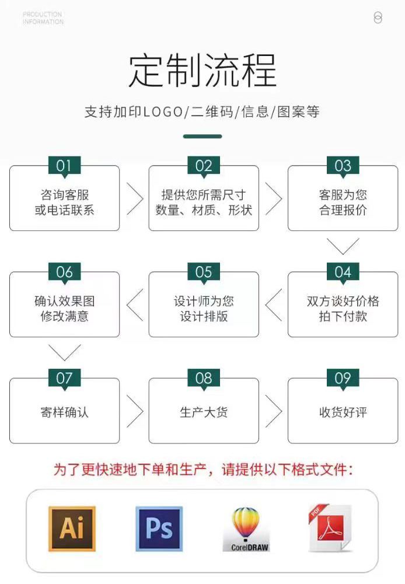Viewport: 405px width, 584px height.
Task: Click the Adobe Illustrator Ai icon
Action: click(x=72, y=529)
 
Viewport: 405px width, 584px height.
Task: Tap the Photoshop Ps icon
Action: click(x=159, y=529)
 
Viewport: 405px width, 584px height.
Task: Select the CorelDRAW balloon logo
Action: click(x=246, y=529)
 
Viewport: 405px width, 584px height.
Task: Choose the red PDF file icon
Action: click(x=330, y=528)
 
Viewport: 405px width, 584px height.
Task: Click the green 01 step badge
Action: click(x=64, y=166)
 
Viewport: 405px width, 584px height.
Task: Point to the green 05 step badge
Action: click(x=204, y=272)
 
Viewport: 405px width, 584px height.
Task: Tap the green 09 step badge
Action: click(x=343, y=378)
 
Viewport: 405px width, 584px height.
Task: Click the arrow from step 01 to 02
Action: click(x=135, y=198)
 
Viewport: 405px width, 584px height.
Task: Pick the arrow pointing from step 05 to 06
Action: click(x=135, y=305)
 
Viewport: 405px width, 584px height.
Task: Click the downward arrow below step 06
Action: click(x=64, y=353)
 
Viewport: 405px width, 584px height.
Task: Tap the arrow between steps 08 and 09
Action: click(x=274, y=411)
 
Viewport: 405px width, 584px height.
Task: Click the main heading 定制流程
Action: click(x=202, y=71)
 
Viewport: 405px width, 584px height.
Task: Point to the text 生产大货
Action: click(x=204, y=412)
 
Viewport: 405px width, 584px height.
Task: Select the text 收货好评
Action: click(x=343, y=412)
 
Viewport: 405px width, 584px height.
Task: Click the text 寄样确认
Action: click(x=64, y=412)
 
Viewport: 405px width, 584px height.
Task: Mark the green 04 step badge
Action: click(x=343, y=272)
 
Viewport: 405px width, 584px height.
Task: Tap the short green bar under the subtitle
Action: click(x=202, y=137)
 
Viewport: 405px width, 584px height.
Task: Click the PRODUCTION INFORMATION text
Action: click(x=43, y=18)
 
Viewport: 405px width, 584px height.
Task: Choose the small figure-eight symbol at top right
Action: click(x=378, y=18)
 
